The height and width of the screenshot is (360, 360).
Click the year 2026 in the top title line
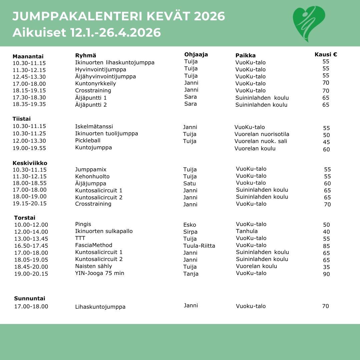[x=209, y=16]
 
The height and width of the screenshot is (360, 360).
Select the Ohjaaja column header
[x=196, y=54]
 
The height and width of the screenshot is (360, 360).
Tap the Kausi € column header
[x=326, y=54]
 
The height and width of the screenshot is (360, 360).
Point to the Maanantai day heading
[x=28, y=56]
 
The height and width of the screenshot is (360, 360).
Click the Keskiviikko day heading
[x=30, y=163]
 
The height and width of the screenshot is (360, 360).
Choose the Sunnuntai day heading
[x=30, y=298]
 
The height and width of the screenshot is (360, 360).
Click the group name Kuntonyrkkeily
[x=95, y=83]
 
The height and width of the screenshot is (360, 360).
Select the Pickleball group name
[x=88, y=140]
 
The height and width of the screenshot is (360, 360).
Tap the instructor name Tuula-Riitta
[x=199, y=246]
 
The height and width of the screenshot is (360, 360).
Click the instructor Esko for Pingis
[x=190, y=225]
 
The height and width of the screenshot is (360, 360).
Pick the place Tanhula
[x=247, y=231]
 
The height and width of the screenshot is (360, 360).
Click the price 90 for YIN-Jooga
[x=326, y=274]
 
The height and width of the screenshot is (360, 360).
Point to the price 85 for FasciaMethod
[x=326, y=246]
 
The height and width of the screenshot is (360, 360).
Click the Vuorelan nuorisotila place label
[x=262, y=134]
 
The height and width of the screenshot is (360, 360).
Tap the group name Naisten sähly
[x=93, y=266]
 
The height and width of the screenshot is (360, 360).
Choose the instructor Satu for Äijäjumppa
[x=190, y=183]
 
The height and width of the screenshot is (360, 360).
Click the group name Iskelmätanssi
[x=94, y=126]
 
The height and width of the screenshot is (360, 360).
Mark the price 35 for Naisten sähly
[x=326, y=267]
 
